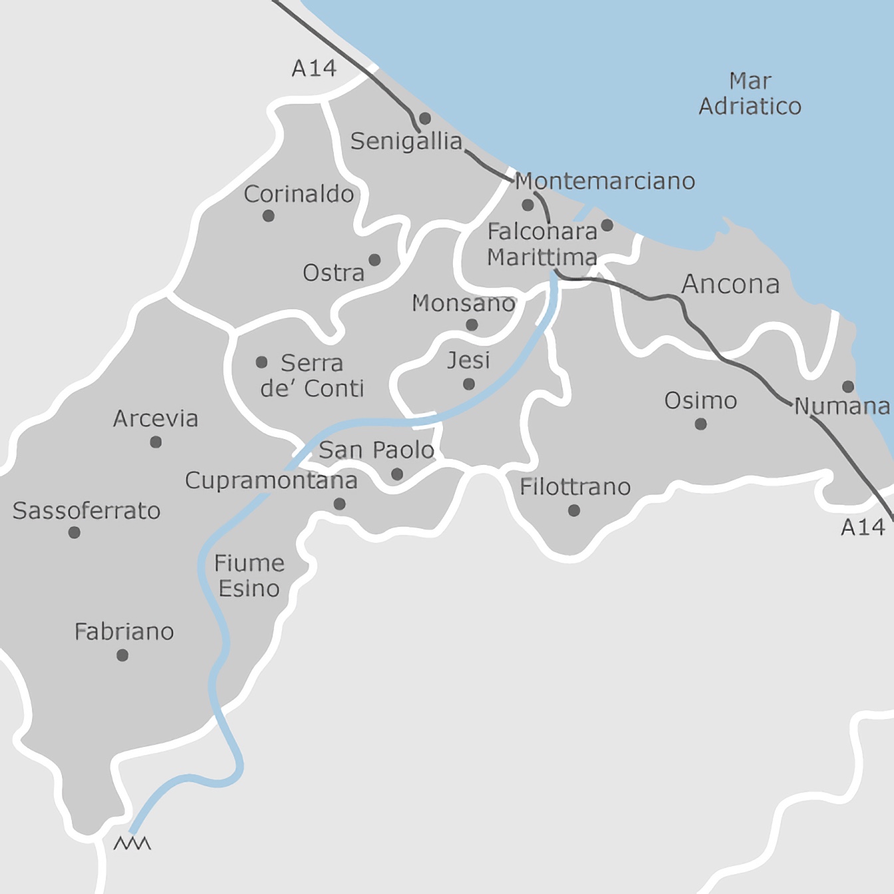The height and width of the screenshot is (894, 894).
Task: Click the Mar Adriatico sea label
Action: coord(750,94)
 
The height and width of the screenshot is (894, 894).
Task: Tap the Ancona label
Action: coord(730,284)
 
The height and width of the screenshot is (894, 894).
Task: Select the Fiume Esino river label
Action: coord(249,576)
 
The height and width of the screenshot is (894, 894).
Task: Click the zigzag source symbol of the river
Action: coord(132,843)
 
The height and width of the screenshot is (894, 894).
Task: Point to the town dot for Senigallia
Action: coord(425,118)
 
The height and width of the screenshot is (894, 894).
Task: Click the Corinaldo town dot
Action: coord(269,216)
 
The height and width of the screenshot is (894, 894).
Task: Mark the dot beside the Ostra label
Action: coord(374,259)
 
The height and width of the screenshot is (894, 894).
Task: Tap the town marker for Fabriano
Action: coord(122,655)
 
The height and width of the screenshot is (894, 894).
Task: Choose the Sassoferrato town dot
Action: coord(74,532)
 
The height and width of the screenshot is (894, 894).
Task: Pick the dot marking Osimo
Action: coord(700,424)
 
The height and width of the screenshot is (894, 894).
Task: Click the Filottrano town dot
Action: coord(574,510)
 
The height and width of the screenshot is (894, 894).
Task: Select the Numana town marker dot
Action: coord(848,386)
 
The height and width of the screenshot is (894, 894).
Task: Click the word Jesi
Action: coord(468,361)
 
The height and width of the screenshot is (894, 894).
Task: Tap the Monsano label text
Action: coord(464,303)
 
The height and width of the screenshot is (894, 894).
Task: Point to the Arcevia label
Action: coord(156,418)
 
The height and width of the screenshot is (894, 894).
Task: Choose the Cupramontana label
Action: coord(271,480)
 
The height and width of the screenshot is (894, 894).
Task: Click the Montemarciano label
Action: coord(605,181)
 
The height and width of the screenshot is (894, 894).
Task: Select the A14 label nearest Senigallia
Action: coord(314,68)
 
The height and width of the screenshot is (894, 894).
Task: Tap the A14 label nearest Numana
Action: coord(863,527)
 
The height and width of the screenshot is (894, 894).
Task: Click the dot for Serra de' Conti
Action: coord(261,362)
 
